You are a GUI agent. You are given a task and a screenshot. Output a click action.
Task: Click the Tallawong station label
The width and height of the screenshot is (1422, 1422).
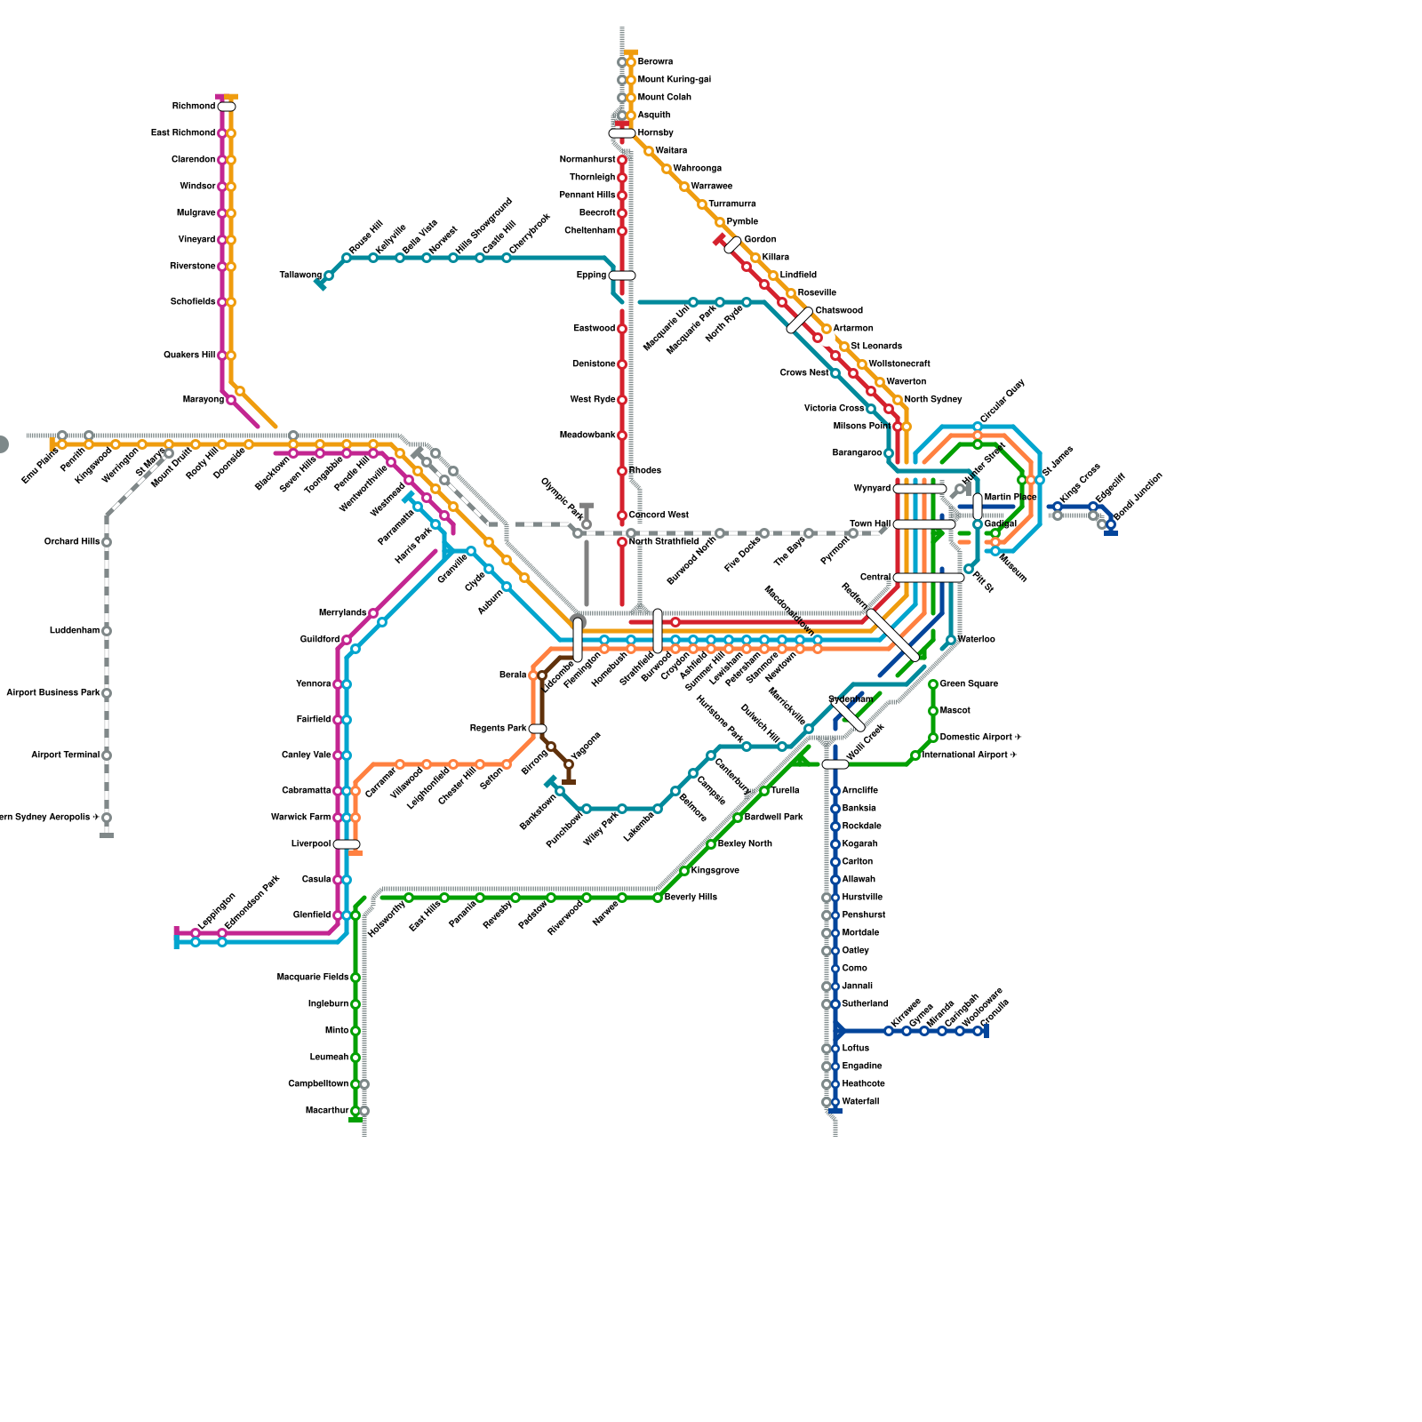[300, 276]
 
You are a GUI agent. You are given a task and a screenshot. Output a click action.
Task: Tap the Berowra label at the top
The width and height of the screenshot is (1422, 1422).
[655, 62]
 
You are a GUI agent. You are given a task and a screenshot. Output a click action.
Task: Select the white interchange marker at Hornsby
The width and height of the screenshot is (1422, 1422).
[622, 133]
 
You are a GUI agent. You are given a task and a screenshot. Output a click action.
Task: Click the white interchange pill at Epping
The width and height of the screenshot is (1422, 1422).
[622, 276]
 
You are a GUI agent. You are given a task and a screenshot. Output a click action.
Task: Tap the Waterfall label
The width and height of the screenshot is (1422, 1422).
[860, 1102]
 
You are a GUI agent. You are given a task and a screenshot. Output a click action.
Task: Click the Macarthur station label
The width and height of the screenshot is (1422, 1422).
[326, 1111]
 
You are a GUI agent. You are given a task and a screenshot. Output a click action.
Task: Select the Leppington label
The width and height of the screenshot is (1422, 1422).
[217, 911]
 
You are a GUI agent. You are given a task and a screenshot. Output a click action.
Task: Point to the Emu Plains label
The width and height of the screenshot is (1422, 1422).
[40, 466]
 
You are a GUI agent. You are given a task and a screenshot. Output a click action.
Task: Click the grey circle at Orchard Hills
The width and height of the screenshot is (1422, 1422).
[107, 542]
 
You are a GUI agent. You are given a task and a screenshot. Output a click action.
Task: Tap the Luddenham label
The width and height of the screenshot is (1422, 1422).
[75, 631]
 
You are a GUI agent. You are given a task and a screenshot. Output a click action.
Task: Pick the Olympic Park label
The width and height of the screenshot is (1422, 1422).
[562, 499]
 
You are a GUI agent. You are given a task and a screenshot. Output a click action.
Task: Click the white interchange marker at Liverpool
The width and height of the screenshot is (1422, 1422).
[347, 844]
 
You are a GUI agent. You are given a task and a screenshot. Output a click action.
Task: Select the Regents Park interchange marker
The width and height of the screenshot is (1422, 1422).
[538, 729]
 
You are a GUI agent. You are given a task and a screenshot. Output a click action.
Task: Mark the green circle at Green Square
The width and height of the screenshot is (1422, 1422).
[933, 684]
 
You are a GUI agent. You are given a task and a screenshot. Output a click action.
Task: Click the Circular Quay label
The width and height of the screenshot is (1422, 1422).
[1003, 401]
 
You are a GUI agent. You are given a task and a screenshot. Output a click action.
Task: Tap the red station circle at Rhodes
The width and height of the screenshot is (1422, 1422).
[622, 471]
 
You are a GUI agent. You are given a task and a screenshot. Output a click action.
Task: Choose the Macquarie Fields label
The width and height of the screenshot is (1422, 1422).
[313, 978]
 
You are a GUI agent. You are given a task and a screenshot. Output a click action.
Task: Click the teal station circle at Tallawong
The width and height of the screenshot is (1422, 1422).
[329, 276]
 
